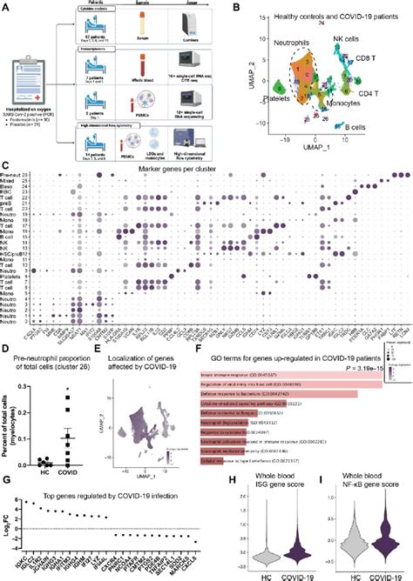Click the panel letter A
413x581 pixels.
pyautogui.click(x=5, y=6)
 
